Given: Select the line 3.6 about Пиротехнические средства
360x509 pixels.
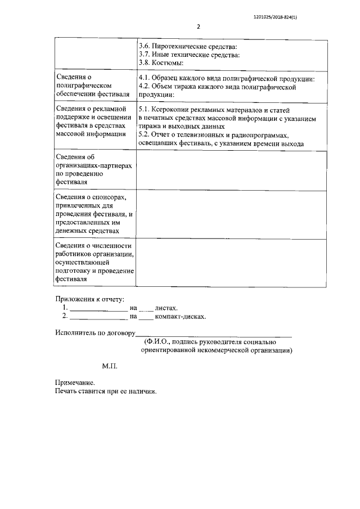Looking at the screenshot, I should [x=187, y=46].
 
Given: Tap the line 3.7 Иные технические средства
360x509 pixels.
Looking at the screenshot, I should [x=189, y=55].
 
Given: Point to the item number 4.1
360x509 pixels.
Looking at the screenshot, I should [x=144, y=79].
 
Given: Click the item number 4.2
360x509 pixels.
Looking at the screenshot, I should [x=144, y=87].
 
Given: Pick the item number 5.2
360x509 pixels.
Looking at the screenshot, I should [x=144, y=136].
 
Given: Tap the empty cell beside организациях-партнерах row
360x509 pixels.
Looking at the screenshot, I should [x=231, y=171].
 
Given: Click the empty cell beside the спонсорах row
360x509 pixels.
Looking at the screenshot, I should [x=231, y=215].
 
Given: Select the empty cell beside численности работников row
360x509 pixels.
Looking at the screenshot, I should [x=231, y=263].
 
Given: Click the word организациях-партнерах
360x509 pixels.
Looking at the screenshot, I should [x=94, y=166].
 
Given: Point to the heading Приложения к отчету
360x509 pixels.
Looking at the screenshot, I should [x=89, y=299].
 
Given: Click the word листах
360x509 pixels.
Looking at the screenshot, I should [x=166, y=308].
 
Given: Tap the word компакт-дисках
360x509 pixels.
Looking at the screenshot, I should [x=180, y=316].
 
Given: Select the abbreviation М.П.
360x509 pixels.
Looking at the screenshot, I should [x=109, y=366].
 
